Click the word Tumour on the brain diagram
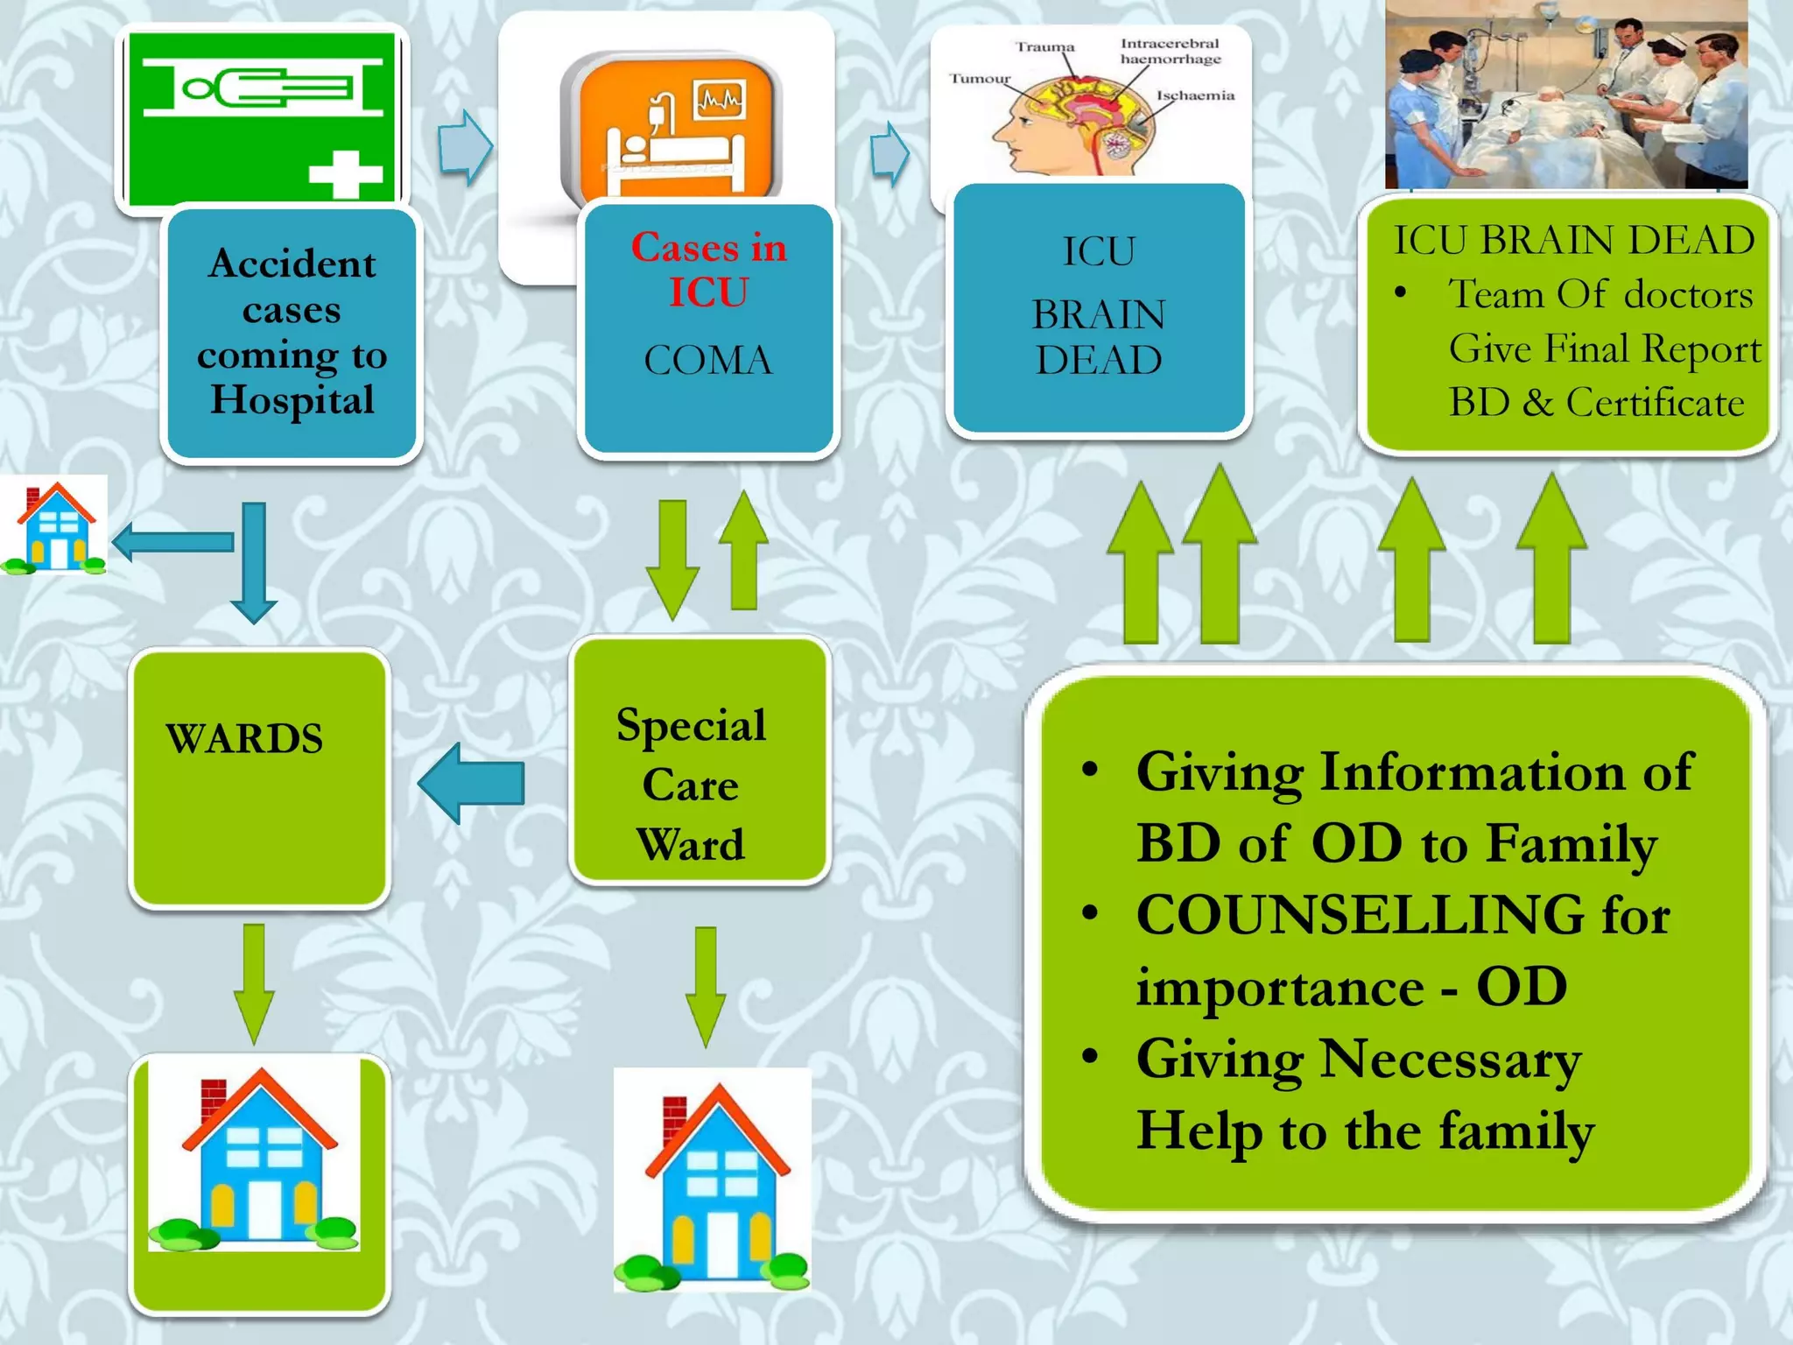(x=980, y=79)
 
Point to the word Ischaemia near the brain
(x=1195, y=95)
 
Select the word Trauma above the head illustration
(x=1044, y=46)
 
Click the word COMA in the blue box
(x=708, y=360)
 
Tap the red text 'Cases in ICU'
(x=708, y=270)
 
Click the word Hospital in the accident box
(x=292, y=400)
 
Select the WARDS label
(x=244, y=738)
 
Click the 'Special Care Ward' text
(x=691, y=784)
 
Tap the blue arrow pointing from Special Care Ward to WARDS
(x=472, y=782)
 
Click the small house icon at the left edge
(x=55, y=525)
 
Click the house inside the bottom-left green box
(x=255, y=1156)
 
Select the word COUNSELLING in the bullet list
(x=1361, y=915)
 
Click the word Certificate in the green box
(x=1654, y=403)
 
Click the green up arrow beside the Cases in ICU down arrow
(x=743, y=550)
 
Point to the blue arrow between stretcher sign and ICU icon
(x=465, y=147)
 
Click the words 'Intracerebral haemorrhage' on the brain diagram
(x=1170, y=51)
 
